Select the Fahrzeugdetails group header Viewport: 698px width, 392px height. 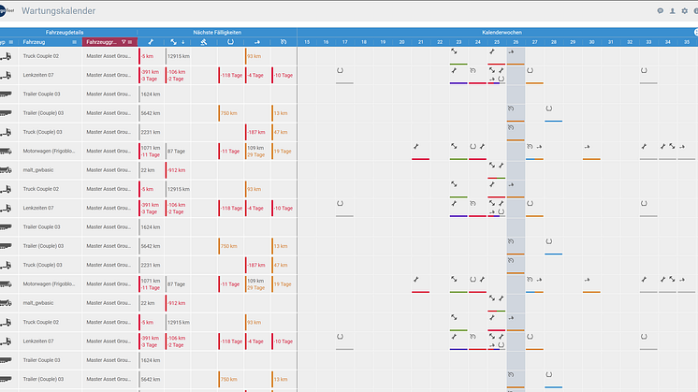(x=65, y=32)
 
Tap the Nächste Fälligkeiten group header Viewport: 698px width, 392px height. (x=217, y=32)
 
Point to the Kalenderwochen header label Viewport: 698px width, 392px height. (x=498, y=32)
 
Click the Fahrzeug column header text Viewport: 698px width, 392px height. (x=34, y=42)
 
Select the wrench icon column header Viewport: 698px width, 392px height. (x=151, y=42)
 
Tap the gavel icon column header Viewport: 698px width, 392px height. (x=204, y=42)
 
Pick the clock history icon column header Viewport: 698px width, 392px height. (x=284, y=42)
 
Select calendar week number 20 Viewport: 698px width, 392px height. (x=401, y=42)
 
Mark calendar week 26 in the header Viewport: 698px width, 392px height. (x=516, y=42)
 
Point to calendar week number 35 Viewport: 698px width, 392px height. (x=687, y=42)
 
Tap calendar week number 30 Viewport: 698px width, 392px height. (x=591, y=42)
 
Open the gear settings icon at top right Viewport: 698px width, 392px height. (x=685, y=11)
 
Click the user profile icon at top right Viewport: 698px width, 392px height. (x=672, y=11)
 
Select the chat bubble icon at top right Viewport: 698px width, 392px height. (x=660, y=11)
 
